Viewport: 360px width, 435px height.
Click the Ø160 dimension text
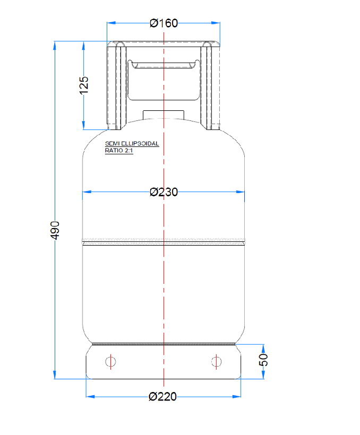164,23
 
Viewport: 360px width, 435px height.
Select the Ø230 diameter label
164,192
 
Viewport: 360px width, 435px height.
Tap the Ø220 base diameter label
163,396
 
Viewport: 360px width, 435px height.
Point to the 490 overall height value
55,230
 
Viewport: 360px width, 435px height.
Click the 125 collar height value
84,85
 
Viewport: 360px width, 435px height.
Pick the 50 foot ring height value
264,360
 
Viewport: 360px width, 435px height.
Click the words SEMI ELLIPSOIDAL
132,144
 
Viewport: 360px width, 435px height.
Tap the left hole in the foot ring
110,362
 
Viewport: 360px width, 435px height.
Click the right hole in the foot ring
216,362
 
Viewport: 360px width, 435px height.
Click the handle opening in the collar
164,80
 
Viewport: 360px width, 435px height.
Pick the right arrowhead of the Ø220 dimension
238,396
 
